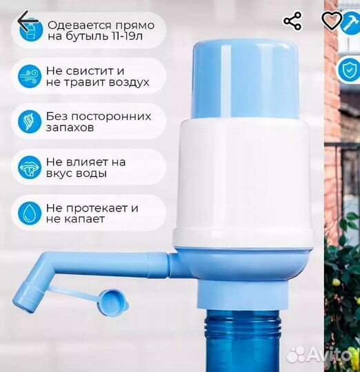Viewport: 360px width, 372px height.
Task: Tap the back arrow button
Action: coord(28,23)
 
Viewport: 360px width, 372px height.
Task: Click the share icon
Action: coord(292,21)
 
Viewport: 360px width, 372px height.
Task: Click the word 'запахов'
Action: coord(70,128)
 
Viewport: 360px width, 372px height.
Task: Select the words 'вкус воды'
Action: coord(76,174)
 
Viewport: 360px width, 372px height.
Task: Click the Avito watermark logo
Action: coord(321,354)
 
